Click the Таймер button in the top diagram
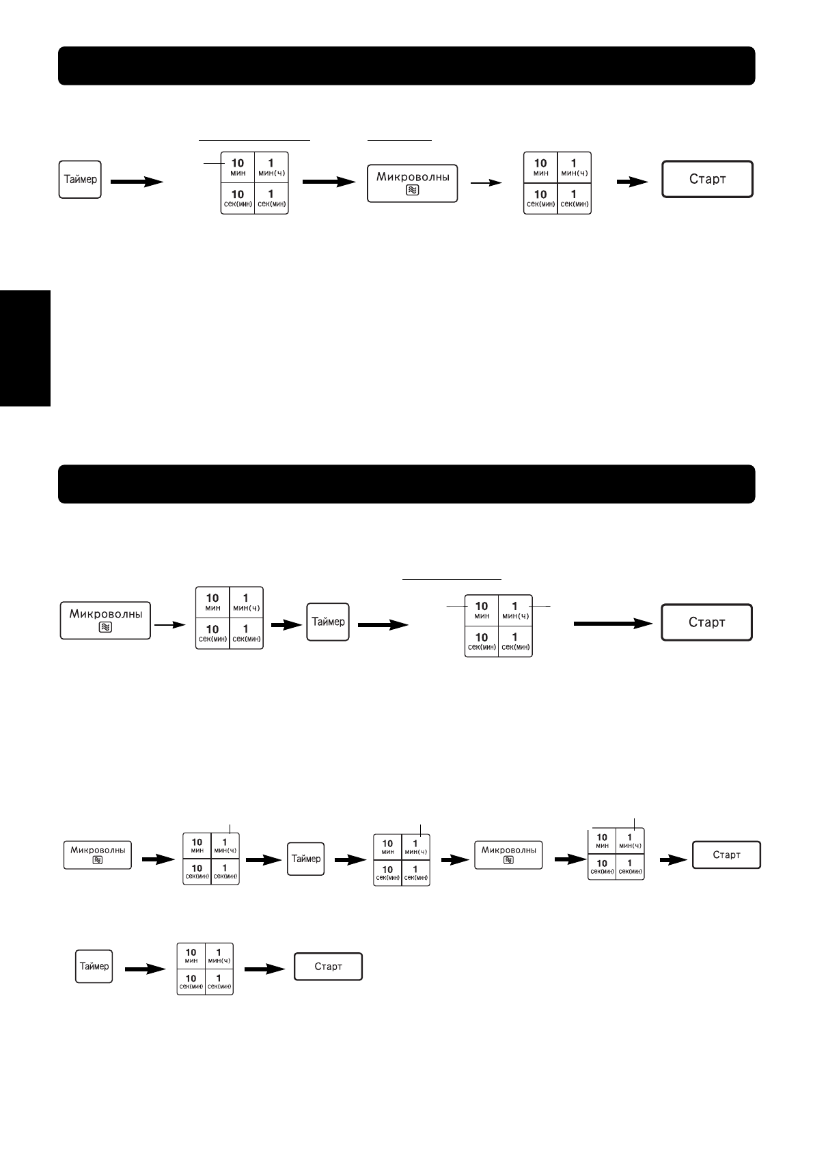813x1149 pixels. click(x=80, y=180)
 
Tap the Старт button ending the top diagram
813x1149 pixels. click(x=707, y=180)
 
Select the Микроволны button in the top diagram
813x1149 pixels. click(x=412, y=182)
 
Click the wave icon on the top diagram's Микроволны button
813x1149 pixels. click(x=412, y=191)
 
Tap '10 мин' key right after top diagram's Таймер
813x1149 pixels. click(x=238, y=167)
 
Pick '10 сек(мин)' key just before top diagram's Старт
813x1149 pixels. click(x=540, y=199)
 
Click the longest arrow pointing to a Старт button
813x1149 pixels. click(x=611, y=623)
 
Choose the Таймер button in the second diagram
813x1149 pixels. click(x=327, y=622)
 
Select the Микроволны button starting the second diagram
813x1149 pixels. click(x=105, y=620)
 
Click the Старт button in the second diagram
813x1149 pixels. click(x=706, y=622)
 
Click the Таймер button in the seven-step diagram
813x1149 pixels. click(x=306, y=859)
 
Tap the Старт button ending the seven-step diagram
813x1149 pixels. click(x=726, y=855)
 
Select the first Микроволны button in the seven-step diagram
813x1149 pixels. click(x=98, y=855)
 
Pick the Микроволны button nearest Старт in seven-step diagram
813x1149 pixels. click(x=508, y=855)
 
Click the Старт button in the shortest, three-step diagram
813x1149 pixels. click(x=328, y=967)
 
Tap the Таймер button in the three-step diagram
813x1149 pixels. click(x=94, y=967)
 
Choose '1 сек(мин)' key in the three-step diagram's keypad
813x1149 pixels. click(x=219, y=982)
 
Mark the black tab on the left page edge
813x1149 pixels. click(x=25, y=348)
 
